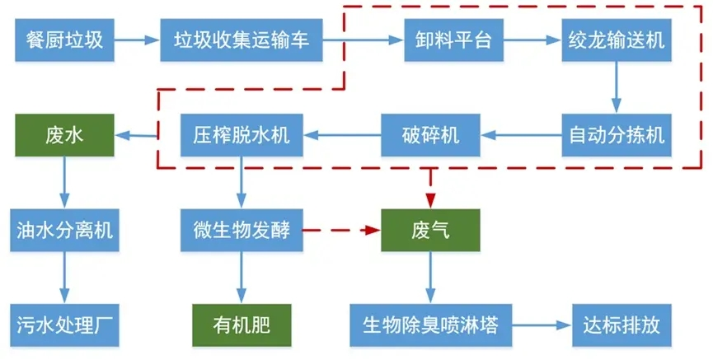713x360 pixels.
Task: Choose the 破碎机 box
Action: [429, 135]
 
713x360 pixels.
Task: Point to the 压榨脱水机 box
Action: [242, 135]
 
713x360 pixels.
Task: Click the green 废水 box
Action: [64, 135]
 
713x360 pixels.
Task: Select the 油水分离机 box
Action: [64, 230]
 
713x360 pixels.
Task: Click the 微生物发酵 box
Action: [242, 230]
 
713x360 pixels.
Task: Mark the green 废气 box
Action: [429, 230]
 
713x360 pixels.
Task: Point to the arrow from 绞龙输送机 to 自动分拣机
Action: [616, 87]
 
